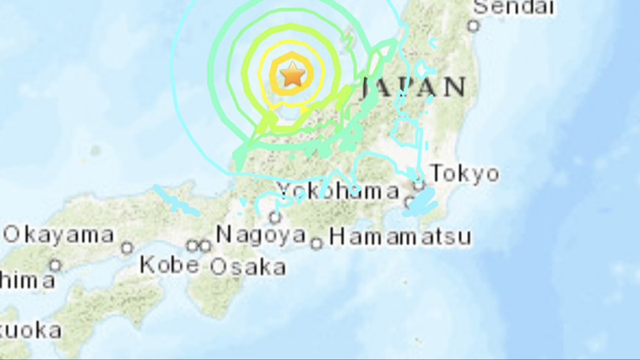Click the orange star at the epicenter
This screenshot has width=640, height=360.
pyautogui.click(x=292, y=74)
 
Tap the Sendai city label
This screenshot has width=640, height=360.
pyautogui.click(x=514, y=7)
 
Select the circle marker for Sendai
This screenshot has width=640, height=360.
pyautogui.click(x=473, y=25)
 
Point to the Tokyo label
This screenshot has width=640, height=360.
pyautogui.click(x=465, y=174)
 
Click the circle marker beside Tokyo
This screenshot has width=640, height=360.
pyautogui.click(x=420, y=186)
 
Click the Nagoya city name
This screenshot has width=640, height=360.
pyautogui.click(x=261, y=235)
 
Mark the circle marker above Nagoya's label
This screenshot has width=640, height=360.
pyautogui.click(x=275, y=217)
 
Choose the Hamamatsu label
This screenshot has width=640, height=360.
pyautogui.click(x=399, y=236)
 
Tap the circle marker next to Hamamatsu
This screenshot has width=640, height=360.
pyautogui.click(x=317, y=244)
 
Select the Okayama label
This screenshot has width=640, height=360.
pyautogui.click(x=59, y=235)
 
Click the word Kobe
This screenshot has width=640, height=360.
pyautogui.click(x=170, y=265)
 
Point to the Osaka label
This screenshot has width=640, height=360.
pyautogui.click(x=247, y=267)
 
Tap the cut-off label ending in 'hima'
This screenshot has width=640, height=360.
pyautogui.click(x=27, y=281)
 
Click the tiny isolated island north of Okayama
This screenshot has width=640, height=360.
pyautogui.click(x=95, y=151)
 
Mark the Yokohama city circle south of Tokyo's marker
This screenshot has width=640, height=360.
pyautogui.click(x=410, y=202)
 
